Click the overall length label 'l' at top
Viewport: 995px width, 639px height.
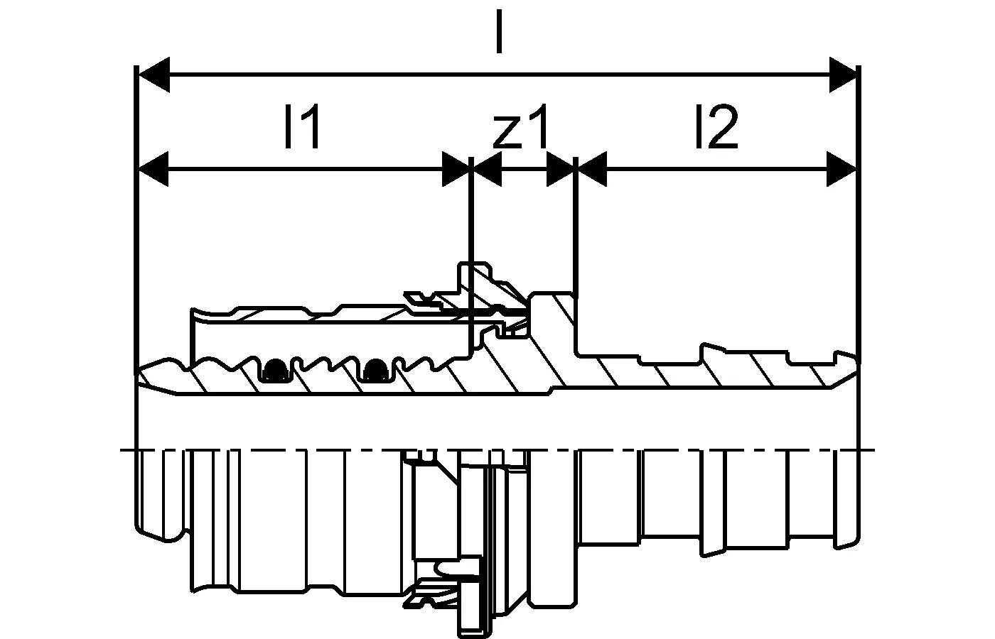(x=499, y=32)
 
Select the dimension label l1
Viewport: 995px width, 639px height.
(x=303, y=126)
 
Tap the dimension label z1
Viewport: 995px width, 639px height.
(x=520, y=126)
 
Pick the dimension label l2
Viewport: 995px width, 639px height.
(x=716, y=126)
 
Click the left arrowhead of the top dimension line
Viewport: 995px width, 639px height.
(x=154, y=75)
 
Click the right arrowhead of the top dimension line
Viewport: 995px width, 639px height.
(x=843, y=75)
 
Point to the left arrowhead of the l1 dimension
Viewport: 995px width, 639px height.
(x=154, y=169)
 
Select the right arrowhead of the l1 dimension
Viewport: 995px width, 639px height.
(x=456, y=169)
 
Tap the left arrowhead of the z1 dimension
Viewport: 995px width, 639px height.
(x=488, y=169)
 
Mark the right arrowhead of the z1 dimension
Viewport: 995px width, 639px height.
(x=560, y=169)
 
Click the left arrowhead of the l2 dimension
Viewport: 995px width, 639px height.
(x=593, y=169)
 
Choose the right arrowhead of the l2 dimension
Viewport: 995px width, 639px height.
(x=841, y=169)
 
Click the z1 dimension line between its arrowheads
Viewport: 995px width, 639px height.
(x=524, y=169)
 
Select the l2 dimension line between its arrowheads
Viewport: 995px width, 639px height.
(x=717, y=169)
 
